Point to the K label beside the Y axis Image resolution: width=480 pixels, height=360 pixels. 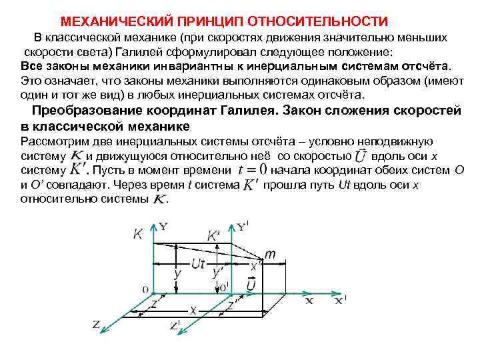[138, 233]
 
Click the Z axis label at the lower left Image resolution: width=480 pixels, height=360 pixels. [97, 325]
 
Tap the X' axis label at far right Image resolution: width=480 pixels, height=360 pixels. [339, 301]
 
